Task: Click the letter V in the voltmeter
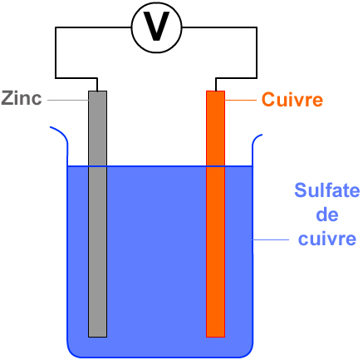pyautogui.click(x=156, y=27)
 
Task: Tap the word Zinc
pyautogui.click(x=22, y=98)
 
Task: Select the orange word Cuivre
pyautogui.click(x=292, y=100)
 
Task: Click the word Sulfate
pyautogui.click(x=327, y=190)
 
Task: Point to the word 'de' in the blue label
pyautogui.click(x=327, y=215)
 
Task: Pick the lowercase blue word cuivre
pyautogui.click(x=327, y=239)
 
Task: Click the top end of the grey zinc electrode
pyautogui.click(x=97, y=91)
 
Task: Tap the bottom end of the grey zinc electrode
pyautogui.click(x=97, y=337)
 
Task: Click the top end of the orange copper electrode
pyautogui.click(x=215, y=91)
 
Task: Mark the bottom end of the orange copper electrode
pyautogui.click(x=215, y=337)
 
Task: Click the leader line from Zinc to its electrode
pyautogui.click(x=68, y=100)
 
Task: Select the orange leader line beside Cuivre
pyautogui.click(x=241, y=100)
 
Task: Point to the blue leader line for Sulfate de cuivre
pyautogui.click(x=271, y=239)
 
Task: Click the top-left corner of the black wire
pyautogui.click(x=56, y=27)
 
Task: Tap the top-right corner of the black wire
pyautogui.click(x=257, y=27)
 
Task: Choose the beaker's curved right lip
pyautogui.click(x=256, y=139)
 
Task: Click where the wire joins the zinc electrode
pyautogui.click(x=97, y=91)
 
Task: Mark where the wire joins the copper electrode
pyautogui.click(x=215, y=91)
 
